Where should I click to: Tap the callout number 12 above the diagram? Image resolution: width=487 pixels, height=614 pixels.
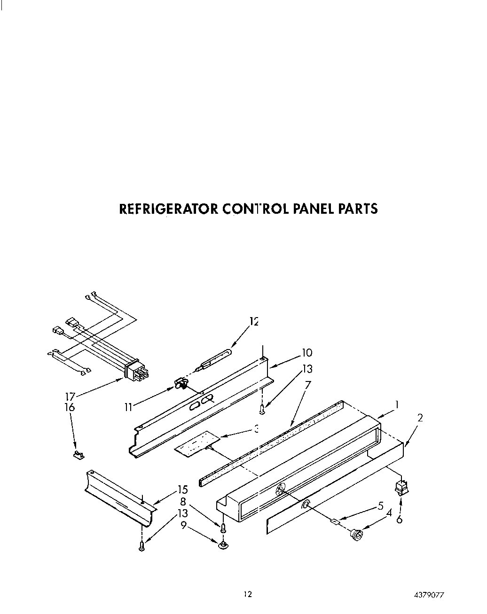click(254, 322)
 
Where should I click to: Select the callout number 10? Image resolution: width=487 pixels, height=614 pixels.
click(306, 353)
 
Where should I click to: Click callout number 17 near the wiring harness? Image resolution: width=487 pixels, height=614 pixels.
click(69, 397)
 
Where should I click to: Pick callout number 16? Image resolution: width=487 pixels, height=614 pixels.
click(69, 407)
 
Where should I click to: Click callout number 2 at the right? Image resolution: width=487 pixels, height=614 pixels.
click(420, 417)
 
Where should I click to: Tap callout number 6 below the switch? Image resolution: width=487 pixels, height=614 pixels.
click(400, 520)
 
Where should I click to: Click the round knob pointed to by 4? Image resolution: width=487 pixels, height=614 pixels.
click(357, 534)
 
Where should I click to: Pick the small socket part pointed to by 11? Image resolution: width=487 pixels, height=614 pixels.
click(180, 384)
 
